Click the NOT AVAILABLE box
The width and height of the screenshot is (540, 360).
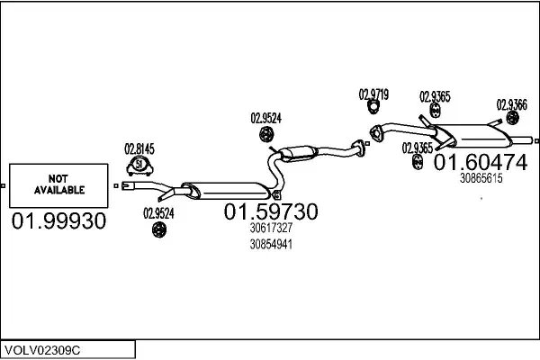click(x=58, y=185)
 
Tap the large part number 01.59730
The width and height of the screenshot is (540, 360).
click(x=271, y=212)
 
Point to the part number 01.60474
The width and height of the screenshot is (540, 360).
click(x=481, y=163)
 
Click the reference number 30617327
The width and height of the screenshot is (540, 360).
click(x=271, y=229)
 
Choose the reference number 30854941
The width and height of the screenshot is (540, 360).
click(x=271, y=244)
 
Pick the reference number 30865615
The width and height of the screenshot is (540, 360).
click(x=481, y=178)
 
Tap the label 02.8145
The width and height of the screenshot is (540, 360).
click(x=139, y=148)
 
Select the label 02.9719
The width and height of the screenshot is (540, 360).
click(x=373, y=94)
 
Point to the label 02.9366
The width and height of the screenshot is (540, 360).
click(x=512, y=104)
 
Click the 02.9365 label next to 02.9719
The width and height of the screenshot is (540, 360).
click(x=436, y=96)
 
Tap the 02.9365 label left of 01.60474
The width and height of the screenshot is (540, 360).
click(x=418, y=148)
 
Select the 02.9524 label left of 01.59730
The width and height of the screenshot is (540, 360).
click(x=158, y=213)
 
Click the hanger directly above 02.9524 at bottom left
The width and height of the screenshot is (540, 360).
click(x=157, y=231)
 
